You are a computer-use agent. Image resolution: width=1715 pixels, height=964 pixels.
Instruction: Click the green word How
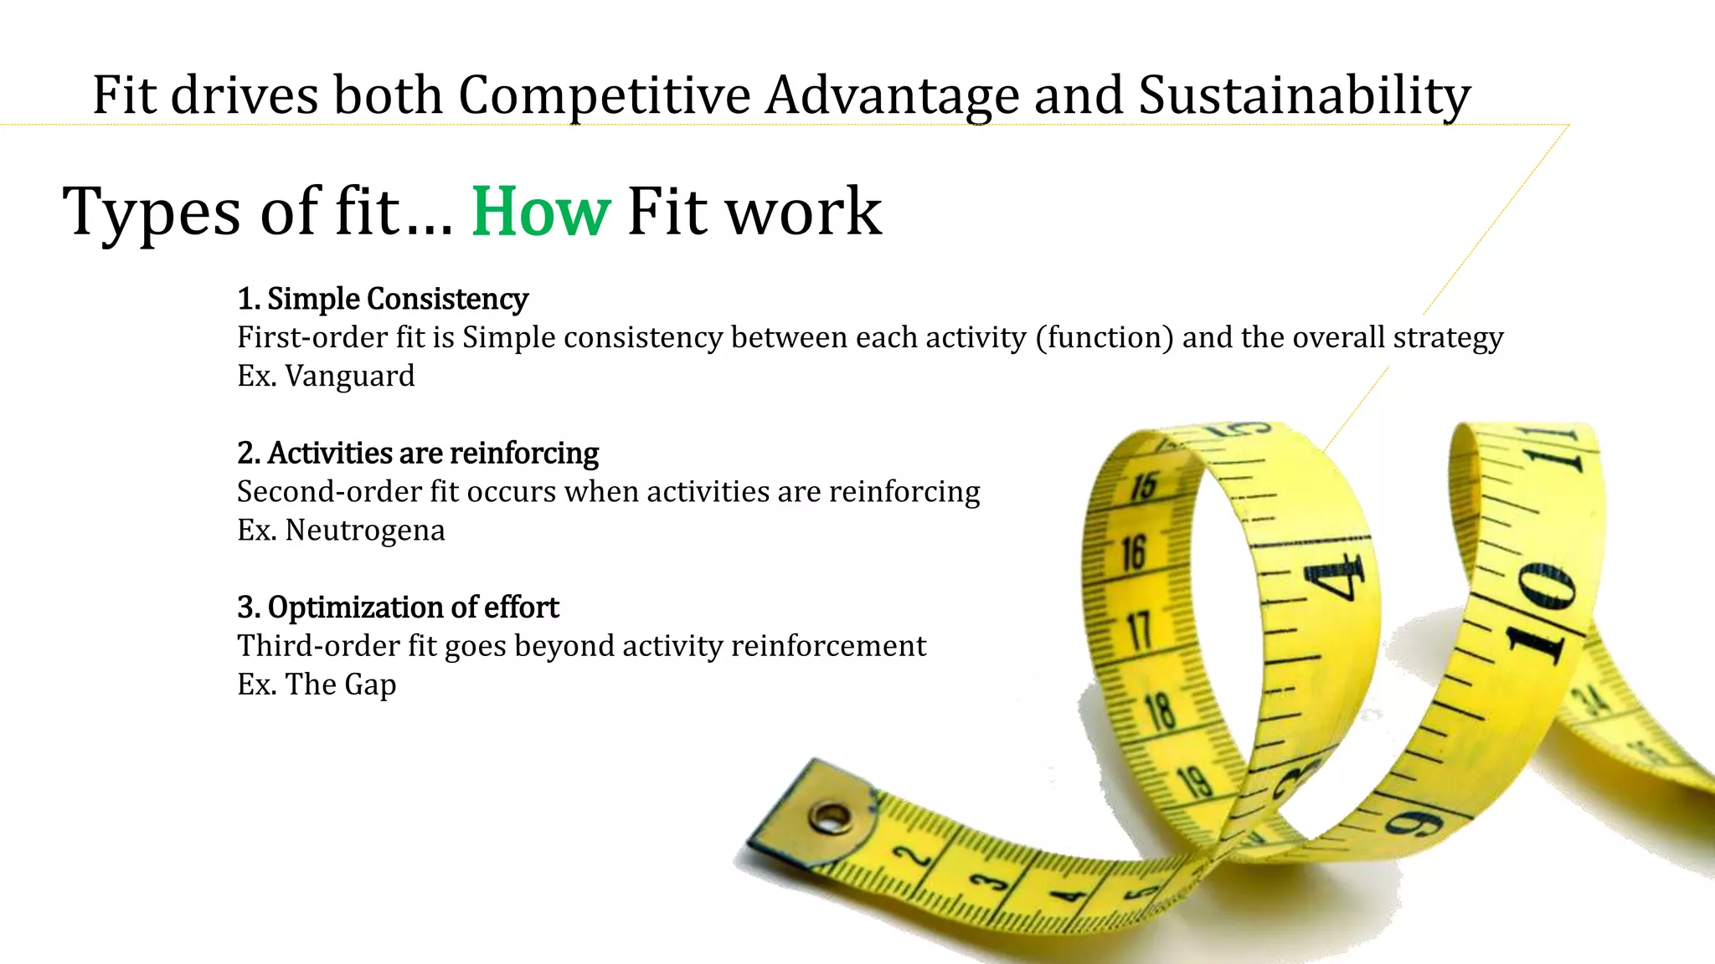pyautogui.click(x=541, y=212)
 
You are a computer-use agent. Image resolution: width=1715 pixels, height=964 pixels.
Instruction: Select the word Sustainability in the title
pyautogui.click(x=1304, y=95)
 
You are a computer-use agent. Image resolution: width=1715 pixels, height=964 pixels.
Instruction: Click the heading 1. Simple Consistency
pyautogui.click(x=383, y=300)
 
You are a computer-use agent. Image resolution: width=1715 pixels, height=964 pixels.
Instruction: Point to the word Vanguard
pyautogui.click(x=350, y=376)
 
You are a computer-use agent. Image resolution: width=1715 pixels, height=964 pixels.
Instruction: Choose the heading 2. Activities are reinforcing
pyautogui.click(x=418, y=454)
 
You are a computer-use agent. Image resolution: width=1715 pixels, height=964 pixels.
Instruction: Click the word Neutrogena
pyautogui.click(x=365, y=531)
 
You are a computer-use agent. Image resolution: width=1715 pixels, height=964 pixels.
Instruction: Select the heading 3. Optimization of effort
pyautogui.click(x=398, y=608)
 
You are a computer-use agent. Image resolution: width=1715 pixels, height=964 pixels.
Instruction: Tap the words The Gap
pyautogui.click(x=341, y=685)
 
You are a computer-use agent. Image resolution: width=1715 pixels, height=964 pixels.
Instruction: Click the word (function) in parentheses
pyautogui.click(x=1105, y=338)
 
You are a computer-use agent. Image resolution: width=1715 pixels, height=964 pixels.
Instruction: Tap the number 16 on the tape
pyautogui.click(x=1134, y=553)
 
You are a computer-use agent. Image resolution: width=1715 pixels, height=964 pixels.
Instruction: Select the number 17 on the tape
pyautogui.click(x=1140, y=630)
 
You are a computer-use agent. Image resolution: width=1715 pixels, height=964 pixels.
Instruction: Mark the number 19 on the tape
pyautogui.click(x=1195, y=782)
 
